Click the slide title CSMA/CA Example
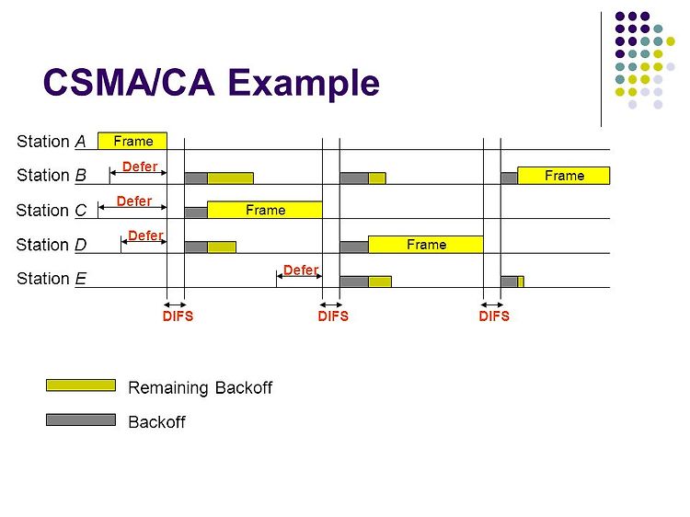point(212,83)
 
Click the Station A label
point(51,141)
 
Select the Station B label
point(51,175)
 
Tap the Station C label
point(51,210)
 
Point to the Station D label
point(51,245)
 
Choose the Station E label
point(51,279)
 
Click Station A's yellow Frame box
point(132,141)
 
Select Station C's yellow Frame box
point(265,210)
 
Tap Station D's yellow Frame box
point(425,245)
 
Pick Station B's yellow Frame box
point(563,175)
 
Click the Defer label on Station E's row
point(301,270)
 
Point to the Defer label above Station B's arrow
point(140,167)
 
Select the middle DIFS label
point(333,316)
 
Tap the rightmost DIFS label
point(494,316)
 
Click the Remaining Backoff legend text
point(200,387)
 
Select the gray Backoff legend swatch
point(81,420)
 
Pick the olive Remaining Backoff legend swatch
point(81,385)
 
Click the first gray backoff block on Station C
point(196,212)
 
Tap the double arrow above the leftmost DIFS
point(175,304)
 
